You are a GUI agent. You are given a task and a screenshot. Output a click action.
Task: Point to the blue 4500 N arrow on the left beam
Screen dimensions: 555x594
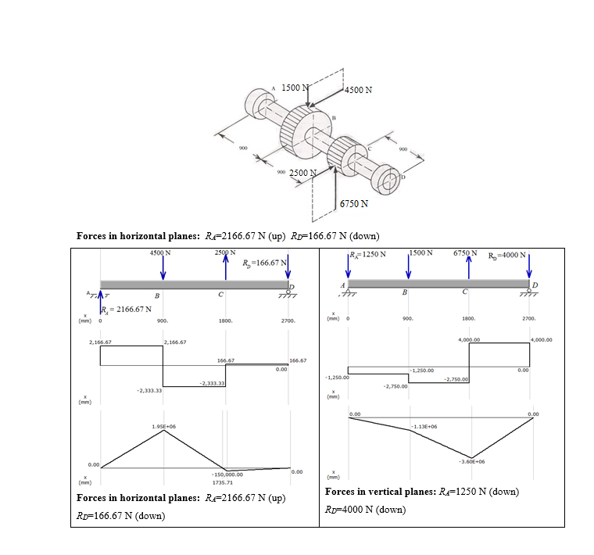[163, 267]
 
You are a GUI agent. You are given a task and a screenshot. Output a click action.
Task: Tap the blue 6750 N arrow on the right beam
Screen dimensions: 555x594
[469, 267]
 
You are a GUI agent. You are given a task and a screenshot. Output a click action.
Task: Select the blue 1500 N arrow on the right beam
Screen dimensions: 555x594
[408, 267]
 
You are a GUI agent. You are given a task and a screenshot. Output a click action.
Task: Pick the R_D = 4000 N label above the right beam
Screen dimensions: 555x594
[509, 256]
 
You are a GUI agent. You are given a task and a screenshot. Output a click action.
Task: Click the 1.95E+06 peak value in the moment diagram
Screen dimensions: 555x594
[163, 425]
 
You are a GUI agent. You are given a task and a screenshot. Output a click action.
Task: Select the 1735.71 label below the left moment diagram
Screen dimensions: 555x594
[225, 482]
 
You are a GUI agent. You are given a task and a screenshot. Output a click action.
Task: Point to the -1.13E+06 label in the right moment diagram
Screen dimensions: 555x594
[423, 427]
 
